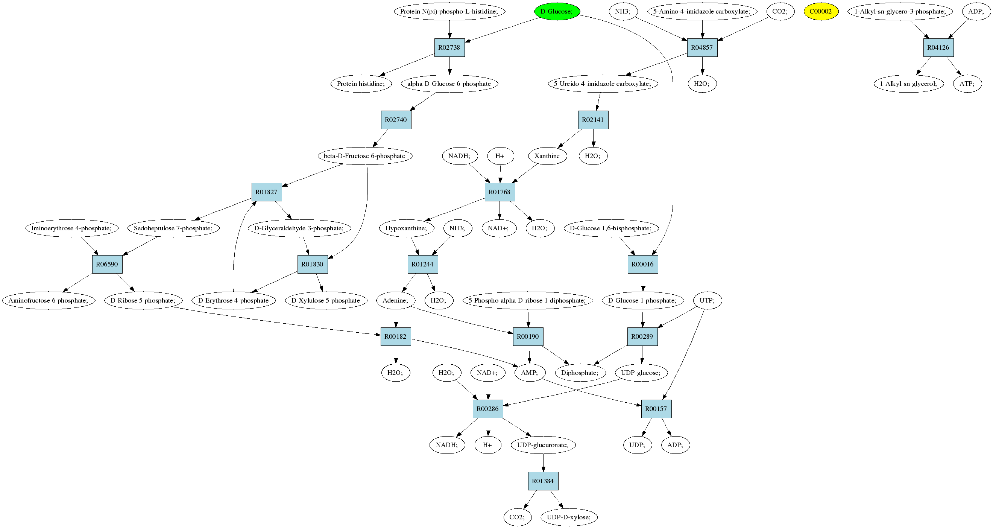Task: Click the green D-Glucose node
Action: click(557, 12)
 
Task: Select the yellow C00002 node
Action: click(821, 12)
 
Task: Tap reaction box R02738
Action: click(449, 47)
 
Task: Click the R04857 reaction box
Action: click(702, 47)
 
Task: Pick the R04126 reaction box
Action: click(938, 47)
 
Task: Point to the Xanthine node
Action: click(547, 156)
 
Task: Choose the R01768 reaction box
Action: click(500, 192)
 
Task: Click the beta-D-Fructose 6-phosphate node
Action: click(365, 156)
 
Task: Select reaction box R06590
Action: click(107, 264)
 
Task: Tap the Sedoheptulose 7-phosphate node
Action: click(173, 228)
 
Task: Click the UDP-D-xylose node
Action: click(569, 517)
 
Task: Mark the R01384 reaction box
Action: click(543, 481)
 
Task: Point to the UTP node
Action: click(708, 300)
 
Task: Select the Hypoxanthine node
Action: click(406, 228)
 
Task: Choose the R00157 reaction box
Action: click(656, 409)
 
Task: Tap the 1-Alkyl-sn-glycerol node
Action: click(909, 84)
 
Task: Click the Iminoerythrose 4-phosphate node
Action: click(71, 228)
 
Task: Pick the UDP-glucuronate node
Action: click(543, 445)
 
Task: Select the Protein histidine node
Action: click(361, 84)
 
